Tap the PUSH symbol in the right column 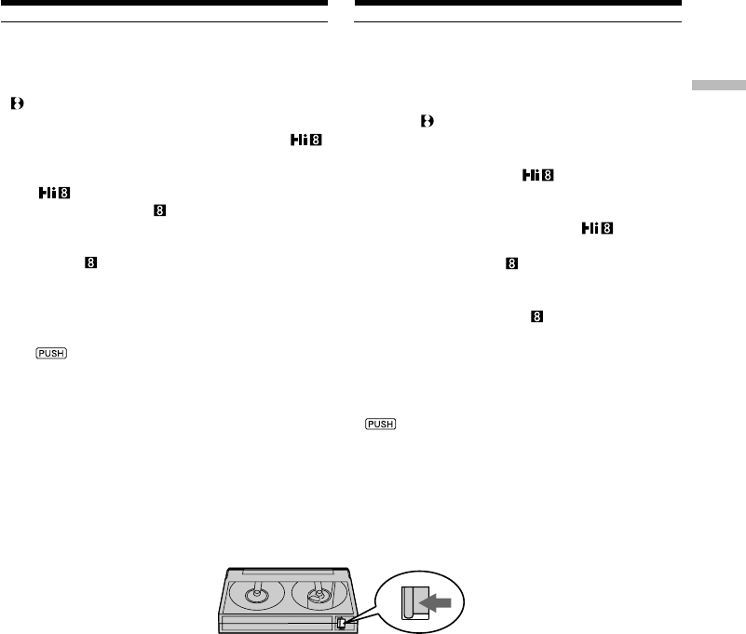point(380,424)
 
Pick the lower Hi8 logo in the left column point(57,193)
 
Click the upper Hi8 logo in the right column point(536,176)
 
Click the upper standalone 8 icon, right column point(511,264)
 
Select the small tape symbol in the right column point(427,122)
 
